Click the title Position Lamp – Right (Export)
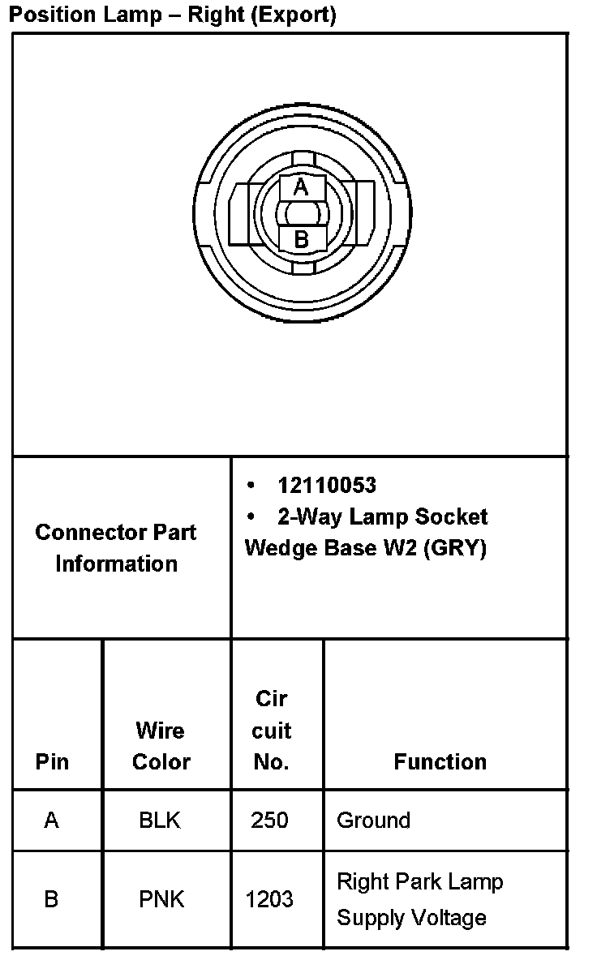pos(172,15)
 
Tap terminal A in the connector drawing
pos(301,187)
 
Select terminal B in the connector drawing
pos(301,239)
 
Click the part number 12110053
pos(326,485)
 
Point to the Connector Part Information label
pos(116,548)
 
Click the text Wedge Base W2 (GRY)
pos(365,548)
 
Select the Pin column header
pos(52,761)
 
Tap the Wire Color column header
pos(161,746)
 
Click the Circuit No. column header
pos(271,730)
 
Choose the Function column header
pos(440,761)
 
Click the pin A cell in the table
pos(52,821)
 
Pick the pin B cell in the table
pos(52,899)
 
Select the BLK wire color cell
pos(161,821)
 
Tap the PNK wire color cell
pos(161,899)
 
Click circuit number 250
pos(269,821)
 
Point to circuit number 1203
pos(269,899)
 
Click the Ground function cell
pos(373,821)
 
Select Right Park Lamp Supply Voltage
pos(419,899)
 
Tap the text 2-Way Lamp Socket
pos(382,516)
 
